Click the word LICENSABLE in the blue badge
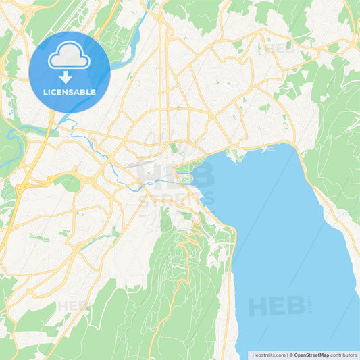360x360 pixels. [70, 92]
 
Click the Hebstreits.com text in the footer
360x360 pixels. [269, 355]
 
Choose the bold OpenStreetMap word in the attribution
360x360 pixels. [311, 355]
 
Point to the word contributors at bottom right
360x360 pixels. [344, 355]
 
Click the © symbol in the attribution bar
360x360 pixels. [290, 355]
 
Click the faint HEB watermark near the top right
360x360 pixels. [280, 48]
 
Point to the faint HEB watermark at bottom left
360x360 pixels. [72, 306]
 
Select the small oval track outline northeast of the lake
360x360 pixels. [284, 126]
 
